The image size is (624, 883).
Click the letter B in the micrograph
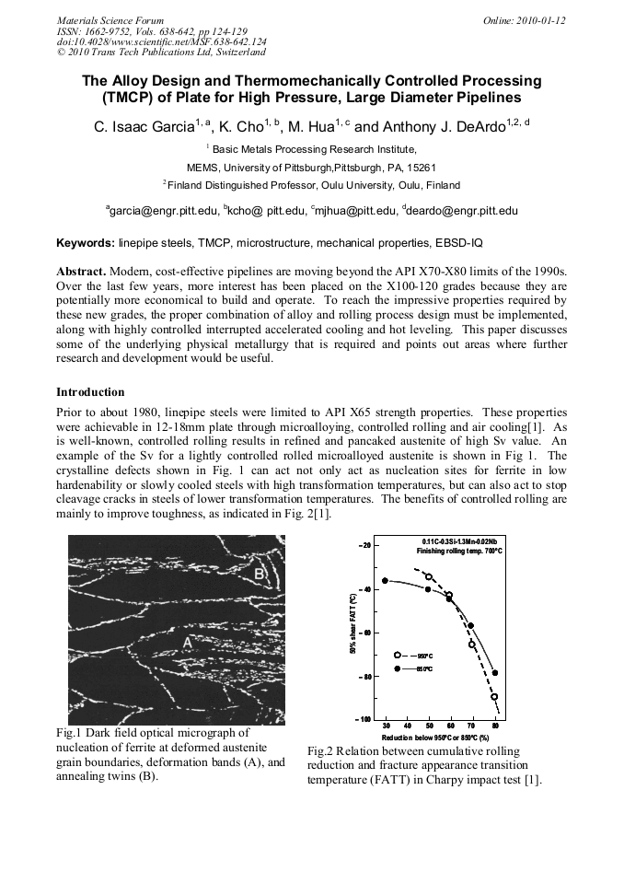tap(260, 575)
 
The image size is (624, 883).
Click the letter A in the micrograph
tap(189, 643)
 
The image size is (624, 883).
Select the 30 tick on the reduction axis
tap(386, 726)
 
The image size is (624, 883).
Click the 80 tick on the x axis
tap(495, 726)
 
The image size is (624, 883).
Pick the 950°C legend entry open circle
tap(398, 655)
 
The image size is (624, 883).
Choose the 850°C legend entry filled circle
tap(398, 668)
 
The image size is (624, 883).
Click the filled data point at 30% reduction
tap(386, 581)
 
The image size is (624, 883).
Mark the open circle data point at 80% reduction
tap(494, 697)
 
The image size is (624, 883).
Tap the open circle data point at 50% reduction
tap(429, 576)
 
